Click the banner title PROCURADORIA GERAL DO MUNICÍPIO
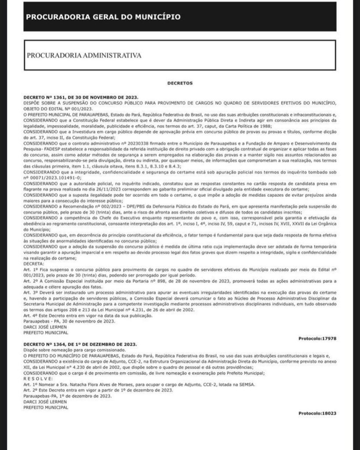point(103,17)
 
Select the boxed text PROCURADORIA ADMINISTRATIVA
point(84,56)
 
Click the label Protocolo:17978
point(317,338)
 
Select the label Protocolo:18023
point(317,414)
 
